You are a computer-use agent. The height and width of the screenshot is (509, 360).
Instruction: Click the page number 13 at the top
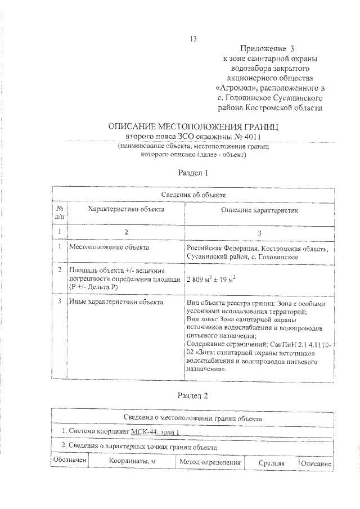point(193,39)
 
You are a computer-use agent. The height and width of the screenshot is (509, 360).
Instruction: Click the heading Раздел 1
point(193,173)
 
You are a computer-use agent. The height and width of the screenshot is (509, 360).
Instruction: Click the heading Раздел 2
point(193,395)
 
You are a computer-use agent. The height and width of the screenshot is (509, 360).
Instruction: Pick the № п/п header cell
point(60,212)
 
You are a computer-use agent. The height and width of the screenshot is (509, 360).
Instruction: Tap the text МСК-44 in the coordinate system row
point(144,431)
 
